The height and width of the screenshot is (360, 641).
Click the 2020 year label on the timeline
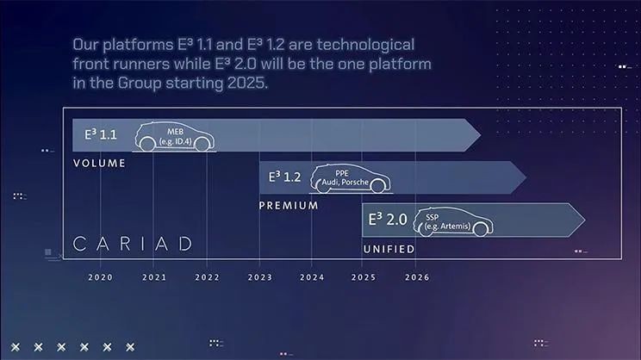click(100, 277)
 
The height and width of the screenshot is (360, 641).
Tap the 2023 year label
click(260, 277)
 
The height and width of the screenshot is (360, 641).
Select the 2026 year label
click(417, 277)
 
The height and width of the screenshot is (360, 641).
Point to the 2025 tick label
click(364, 277)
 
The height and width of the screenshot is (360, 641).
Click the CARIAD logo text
click(133, 244)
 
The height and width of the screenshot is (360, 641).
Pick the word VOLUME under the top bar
click(99, 164)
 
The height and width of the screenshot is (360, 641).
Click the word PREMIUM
click(289, 206)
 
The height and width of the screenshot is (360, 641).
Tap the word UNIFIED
click(389, 249)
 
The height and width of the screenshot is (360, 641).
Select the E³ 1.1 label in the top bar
click(101, 134)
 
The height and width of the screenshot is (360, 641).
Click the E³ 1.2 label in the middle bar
click(284, 177)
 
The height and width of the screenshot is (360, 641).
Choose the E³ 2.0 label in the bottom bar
click(388, 220)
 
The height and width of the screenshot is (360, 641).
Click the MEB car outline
click(175, 137)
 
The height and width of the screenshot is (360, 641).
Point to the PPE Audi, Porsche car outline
click(351, 178)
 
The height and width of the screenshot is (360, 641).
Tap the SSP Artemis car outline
click(453, 222)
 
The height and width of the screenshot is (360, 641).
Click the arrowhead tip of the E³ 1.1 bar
click(481, 135)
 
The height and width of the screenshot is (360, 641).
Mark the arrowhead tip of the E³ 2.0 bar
click(585, 220)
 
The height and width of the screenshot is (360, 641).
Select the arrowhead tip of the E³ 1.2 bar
click(526, 177)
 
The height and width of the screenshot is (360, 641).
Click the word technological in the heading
click(365, 45)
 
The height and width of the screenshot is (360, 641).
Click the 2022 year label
click(207, 277)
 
